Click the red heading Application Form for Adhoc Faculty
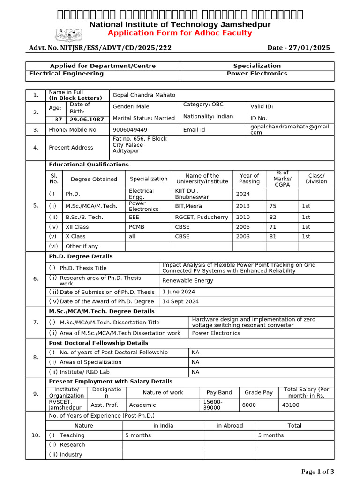coord(180,33)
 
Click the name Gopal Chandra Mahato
coord(143,95)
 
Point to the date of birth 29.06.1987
coord(88,120)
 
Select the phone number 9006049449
coord(130,130)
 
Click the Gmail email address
coord(290,129)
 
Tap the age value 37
coord(59,120)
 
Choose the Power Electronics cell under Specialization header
coord(257,74)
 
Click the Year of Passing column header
coord(249,179)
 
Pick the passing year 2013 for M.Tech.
coord(243,206)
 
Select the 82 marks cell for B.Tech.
coord(273,217)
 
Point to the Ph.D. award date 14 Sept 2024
coord(180,301)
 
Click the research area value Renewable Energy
coord(187,281)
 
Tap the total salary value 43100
coord(290,405)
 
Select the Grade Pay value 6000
coord(249,405)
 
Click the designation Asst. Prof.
coord(105,405)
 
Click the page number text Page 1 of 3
coord(318,472)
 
